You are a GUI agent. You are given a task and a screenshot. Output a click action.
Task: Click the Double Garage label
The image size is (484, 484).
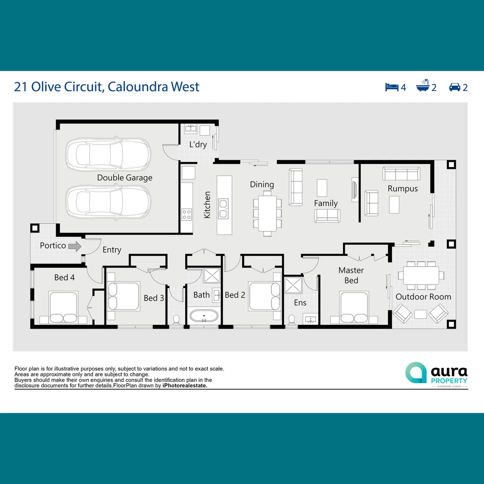pos(125,178)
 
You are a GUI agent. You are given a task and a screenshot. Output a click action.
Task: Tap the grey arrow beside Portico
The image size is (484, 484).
pos(75,246)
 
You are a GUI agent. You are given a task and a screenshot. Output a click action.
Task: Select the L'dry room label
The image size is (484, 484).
pos(198,144)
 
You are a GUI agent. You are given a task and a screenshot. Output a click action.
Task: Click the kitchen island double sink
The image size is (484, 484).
pos(223,205)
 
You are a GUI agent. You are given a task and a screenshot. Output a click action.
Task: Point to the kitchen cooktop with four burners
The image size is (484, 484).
pos(186,215)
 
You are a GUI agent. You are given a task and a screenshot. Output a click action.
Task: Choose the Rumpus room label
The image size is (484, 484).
pos(402,189)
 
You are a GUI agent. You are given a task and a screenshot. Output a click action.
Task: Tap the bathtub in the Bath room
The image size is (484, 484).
pos(204,316)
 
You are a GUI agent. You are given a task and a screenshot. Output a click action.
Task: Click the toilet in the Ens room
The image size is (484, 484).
pos(292,319)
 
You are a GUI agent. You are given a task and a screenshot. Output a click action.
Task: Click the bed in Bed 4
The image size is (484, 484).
pos(63,308)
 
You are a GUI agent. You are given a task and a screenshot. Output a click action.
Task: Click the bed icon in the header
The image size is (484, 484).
pos(392,87)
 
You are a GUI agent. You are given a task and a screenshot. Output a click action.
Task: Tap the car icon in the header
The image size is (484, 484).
pos(455,87)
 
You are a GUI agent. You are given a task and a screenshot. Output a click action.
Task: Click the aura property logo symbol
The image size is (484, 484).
pos(416,373)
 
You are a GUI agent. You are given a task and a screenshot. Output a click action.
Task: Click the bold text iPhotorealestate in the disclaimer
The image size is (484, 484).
pos(185,385)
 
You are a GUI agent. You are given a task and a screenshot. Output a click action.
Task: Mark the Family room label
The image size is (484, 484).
pos(326,203)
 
